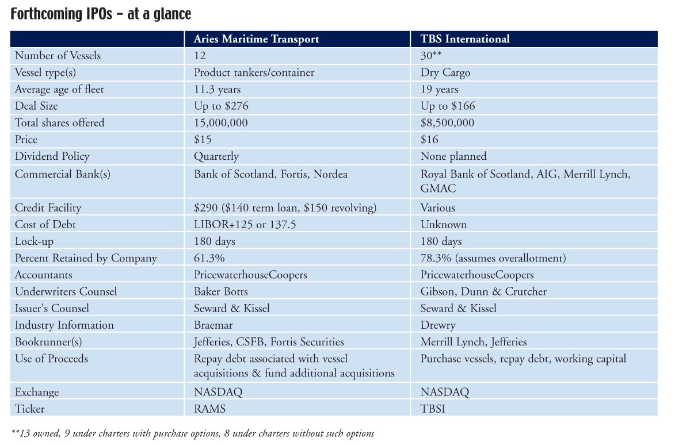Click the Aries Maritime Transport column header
(x=256, y=39)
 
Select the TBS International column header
(x=465, y=39)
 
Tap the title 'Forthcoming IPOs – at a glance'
(x=101, y=14)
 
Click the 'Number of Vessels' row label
(x=58, y=56)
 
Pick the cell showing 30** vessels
(x=431, y=56)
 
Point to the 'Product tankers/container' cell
(x=254, y=72)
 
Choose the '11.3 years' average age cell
(x=217, y=90)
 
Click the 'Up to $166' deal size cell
(x=448, y=106)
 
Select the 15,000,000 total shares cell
(x=221, y=123)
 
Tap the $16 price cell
(x=429, y=139)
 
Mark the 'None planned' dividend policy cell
(x=453, y=156)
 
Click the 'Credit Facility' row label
(x=48, y=207)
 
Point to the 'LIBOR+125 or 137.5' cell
(x=245, y=225)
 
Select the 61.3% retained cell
(x=209, y=258)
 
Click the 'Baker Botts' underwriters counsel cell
(x=221, y=291)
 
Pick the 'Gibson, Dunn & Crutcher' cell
(x=483, y=291)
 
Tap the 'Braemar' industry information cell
(x=213, y=325)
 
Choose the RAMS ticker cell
(x=209, y=409)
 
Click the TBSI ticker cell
(x=433, y=409)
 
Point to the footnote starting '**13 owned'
(x=193, y=433)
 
